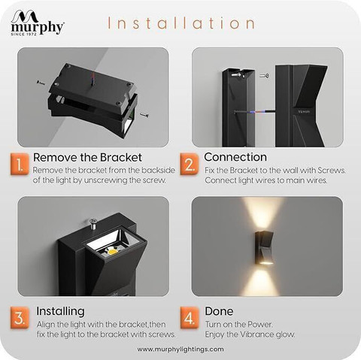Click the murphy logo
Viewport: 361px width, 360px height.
click(37, 23)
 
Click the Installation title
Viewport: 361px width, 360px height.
click(181, 23)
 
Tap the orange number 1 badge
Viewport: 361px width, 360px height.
click(20, 165)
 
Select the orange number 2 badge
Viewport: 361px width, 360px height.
click(190, 165)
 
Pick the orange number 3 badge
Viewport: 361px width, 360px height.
click(20, 318)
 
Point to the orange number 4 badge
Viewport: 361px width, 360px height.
click(190, 318)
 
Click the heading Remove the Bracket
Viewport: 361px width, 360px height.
click(87, 157)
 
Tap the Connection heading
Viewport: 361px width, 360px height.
click(235, 157)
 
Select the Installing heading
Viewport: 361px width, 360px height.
click(60, 311)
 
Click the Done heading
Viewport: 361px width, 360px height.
click(219, 311)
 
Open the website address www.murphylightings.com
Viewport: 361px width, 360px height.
click(180, 349)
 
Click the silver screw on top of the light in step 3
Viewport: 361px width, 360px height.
click(93, 224)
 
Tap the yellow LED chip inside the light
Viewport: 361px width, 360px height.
click(113, 251)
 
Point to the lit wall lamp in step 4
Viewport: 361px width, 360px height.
click(264, 248)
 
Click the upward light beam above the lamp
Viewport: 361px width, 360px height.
click(263, 214)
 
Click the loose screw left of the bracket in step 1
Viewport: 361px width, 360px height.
click(41, 82)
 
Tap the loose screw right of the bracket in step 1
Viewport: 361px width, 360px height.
click(144, 115)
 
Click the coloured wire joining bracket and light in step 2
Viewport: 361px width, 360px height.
click(255, 111)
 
